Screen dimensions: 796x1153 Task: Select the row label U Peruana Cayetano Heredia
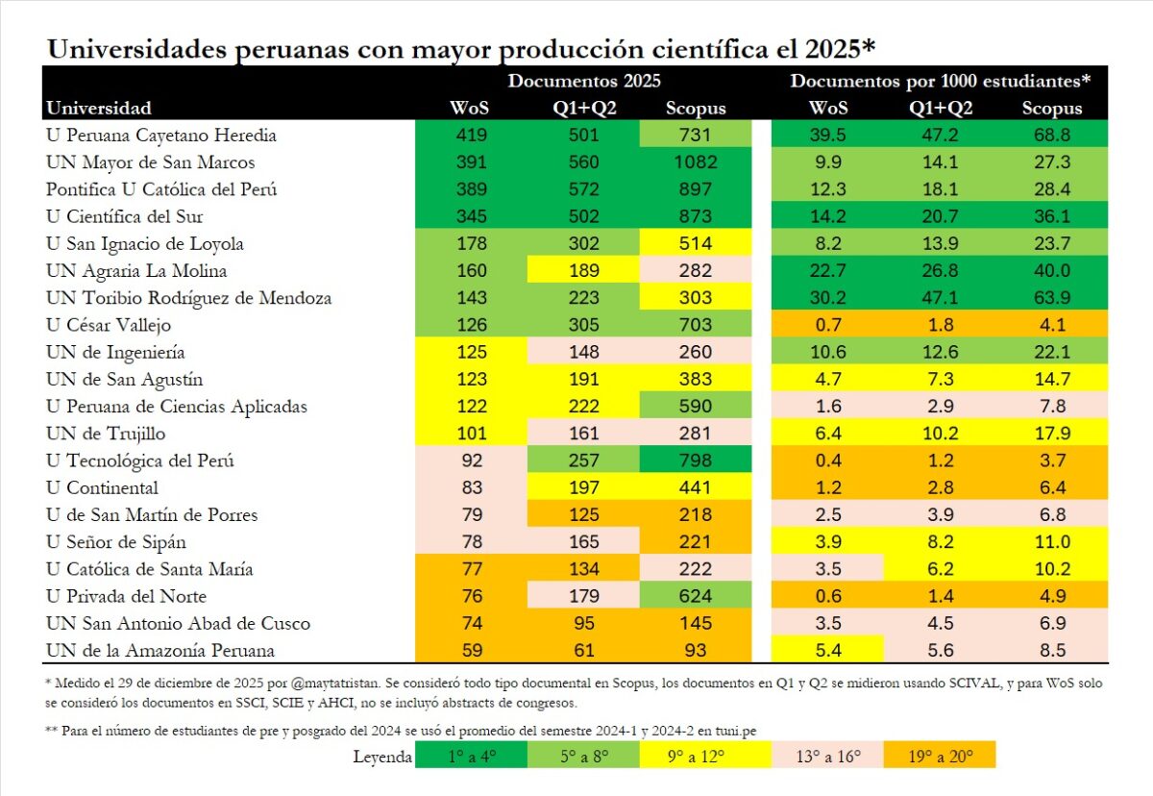[x=160, y=135]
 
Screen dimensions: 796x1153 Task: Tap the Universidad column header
[x=99, y=108]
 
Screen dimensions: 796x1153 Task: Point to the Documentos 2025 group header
[x=584, y=81]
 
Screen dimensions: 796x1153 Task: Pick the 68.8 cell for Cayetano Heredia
[x=1052, y=135]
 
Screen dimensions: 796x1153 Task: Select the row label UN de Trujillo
[x=106, y=434]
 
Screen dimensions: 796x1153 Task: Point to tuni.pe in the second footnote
[x=736, y=731]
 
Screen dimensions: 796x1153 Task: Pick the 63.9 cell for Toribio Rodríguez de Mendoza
[x=1052, y=298]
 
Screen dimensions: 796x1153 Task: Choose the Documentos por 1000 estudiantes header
[x=941, y=81]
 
